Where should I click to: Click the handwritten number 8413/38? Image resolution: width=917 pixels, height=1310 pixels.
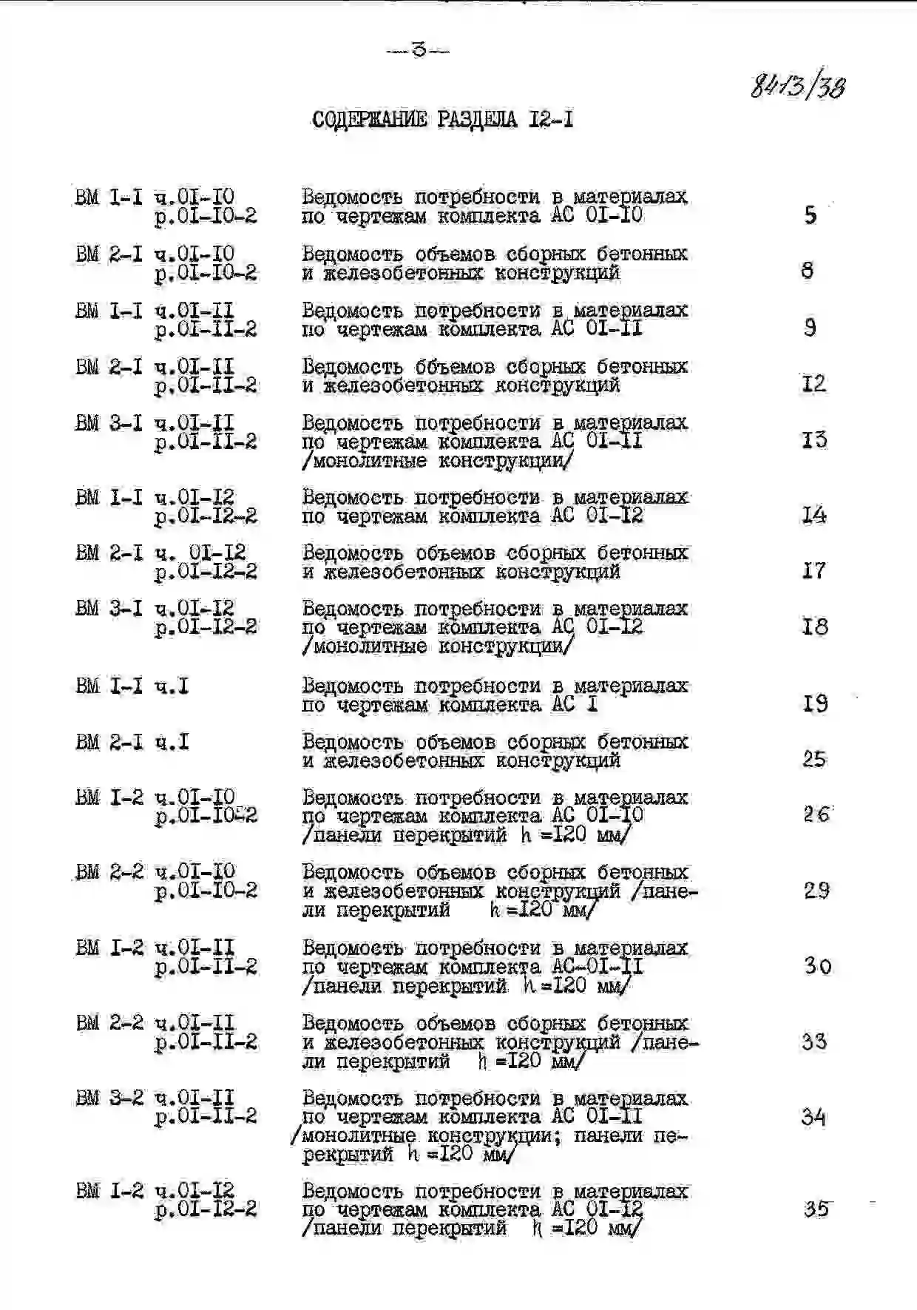(x=798, y=87)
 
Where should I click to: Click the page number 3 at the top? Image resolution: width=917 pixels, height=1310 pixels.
(x=419, y=51)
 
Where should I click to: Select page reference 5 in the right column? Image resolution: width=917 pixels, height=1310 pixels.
(x=811, y=215)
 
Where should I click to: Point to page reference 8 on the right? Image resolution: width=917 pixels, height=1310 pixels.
(x=808, y=271)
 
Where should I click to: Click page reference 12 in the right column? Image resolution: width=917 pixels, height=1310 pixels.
(x=813, y=383)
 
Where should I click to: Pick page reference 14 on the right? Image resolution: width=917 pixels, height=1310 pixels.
(x=814, y=515)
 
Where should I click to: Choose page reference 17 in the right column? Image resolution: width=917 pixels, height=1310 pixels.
(x=813, y=570)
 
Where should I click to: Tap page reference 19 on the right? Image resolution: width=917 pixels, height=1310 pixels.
(x=815, y=703)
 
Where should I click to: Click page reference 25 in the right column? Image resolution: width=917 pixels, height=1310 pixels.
(x=814, y=759)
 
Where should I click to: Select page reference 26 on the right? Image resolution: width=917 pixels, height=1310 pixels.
(x=816, y=814)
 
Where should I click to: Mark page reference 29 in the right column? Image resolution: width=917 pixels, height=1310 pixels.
(x=816, y=890)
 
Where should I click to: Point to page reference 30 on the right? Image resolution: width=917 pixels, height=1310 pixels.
(x=817, y=965)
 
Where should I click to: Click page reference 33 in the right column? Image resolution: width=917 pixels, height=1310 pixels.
(x=814, y=1041)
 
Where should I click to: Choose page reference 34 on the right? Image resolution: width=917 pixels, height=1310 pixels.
(x=814, y=1116)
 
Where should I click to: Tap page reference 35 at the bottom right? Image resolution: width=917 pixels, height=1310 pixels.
(x=816, y=1209)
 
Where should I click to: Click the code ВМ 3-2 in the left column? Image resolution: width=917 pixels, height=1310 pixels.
(x=110, y=1098)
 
